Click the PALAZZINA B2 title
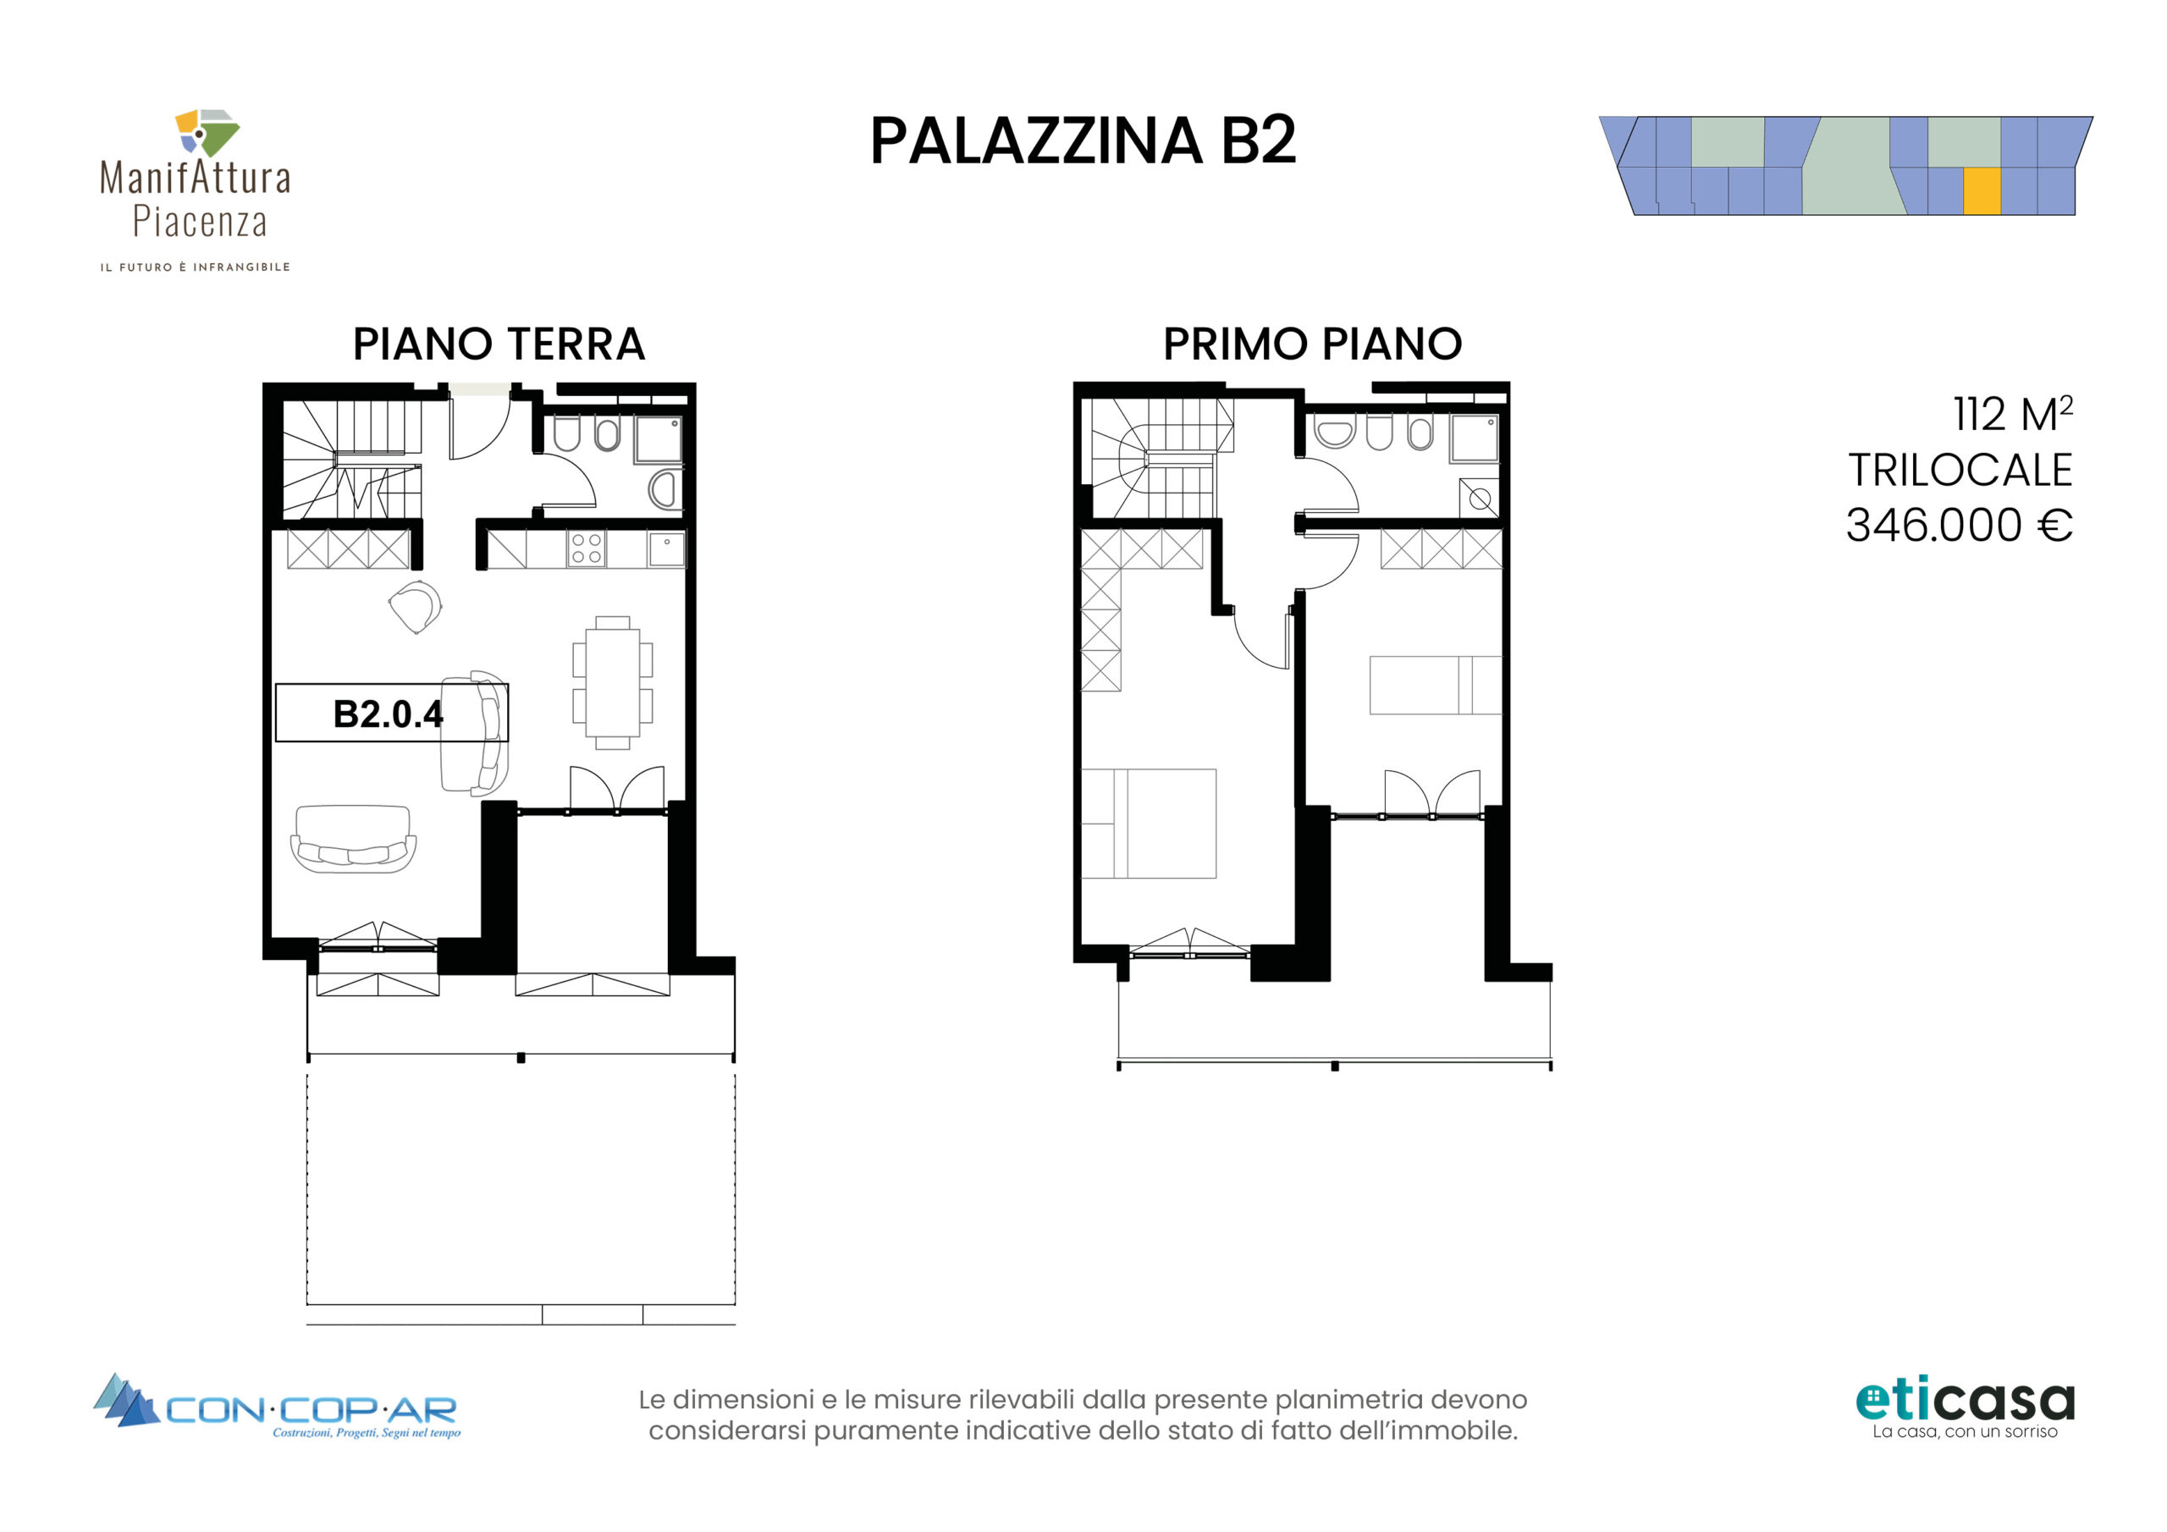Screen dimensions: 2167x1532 [x=1083, y=141]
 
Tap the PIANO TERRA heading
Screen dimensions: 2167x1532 [x=499, y=344]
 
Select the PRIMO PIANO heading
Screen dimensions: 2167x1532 [x=1312, y=344]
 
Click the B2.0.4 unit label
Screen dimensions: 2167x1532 [x=388, y=714]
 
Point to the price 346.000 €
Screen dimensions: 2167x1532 [x=1960, y=525]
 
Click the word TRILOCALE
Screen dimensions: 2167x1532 [x=1960, y=470]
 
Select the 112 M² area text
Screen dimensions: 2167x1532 [x=2013, y=413]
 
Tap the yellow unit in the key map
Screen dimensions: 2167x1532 [x=1982, y=190]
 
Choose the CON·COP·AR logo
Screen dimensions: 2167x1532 [x=277, y=1407]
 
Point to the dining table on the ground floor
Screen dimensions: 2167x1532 [x=613, y=682]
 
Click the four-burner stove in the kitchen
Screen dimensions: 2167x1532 [x=586, y=548]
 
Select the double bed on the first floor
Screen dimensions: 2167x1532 [x=1149, y=823]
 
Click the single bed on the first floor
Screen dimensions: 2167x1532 [x=1436, y=686]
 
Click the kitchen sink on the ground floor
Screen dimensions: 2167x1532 [x=666, y=549]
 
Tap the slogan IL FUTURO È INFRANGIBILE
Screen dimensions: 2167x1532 [x=196, y=267]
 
